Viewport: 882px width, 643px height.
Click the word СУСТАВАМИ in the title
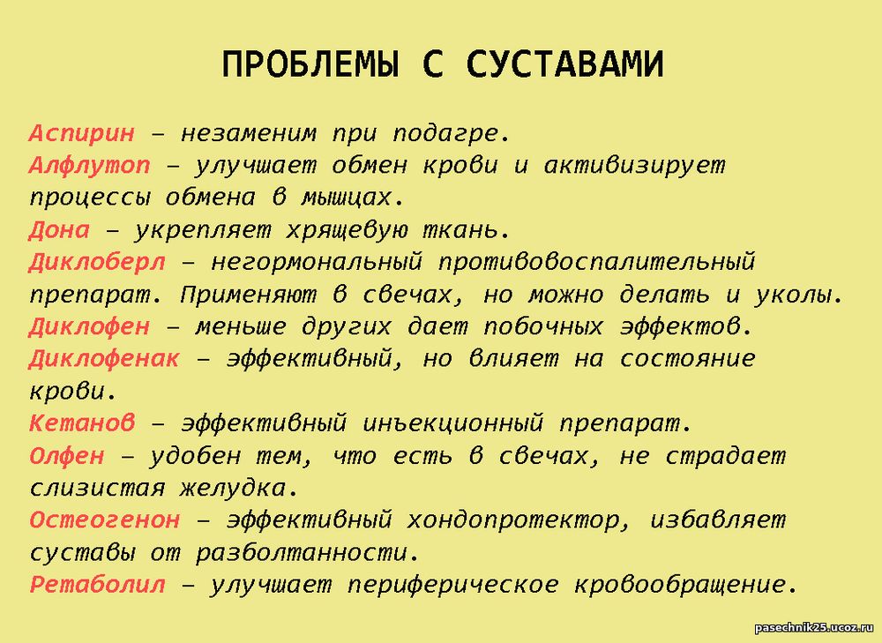click(x=564, y=64)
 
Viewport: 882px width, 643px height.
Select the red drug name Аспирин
click(x=82, y=134)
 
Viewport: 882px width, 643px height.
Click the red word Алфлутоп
click(x=89, y=167)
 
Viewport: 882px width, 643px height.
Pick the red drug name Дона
click(x=59, y=230)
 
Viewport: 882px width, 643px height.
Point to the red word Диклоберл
click(x=97, y=263)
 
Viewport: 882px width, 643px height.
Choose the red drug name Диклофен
click(x=89, y=327)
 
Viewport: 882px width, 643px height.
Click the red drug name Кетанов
click(x=82, y=423)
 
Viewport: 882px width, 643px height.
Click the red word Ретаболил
click(x=97, y=585)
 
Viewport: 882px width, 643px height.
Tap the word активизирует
click(x=634, y=167)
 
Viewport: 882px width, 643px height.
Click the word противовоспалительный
click(x=596, y=263)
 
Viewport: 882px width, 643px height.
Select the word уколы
click(x=798, y=295)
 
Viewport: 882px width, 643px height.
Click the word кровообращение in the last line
click(x=685, y=585)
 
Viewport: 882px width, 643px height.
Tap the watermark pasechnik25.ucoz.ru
click(x=813, y=628)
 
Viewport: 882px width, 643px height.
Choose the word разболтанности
click(x=308, y=553)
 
